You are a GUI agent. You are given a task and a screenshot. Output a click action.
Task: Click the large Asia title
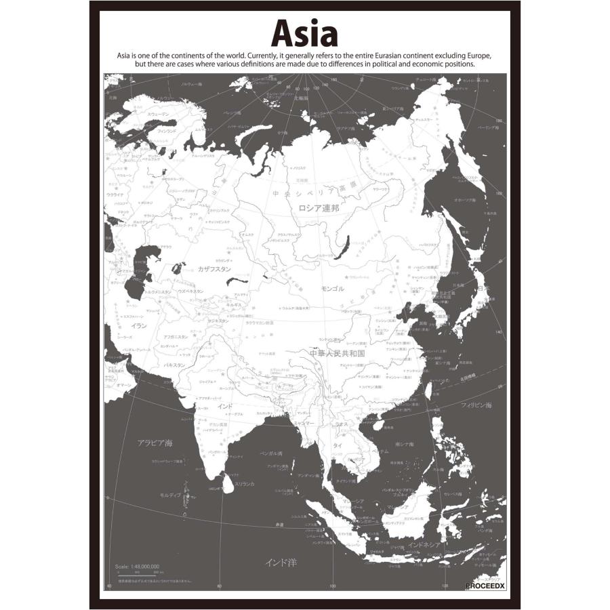pos(304,32)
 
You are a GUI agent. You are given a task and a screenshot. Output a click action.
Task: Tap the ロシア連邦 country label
pos(319,208)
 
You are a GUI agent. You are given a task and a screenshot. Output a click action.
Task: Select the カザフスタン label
pos(214,269)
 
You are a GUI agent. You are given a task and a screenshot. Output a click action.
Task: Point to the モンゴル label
pos(332,289)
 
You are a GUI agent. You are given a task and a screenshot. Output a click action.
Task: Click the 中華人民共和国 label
pos(337,354)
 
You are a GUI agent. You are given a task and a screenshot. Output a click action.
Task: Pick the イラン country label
pos(139,326)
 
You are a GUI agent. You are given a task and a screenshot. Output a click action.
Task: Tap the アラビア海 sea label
pos(155,443)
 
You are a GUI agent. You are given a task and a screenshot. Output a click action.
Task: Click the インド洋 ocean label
pos(281,562)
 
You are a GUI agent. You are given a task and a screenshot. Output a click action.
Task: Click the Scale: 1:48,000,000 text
pos(137,565)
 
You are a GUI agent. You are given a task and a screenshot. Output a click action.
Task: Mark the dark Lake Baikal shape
pos(347,242)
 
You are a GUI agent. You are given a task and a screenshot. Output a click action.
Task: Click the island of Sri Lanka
pos(229,483)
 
